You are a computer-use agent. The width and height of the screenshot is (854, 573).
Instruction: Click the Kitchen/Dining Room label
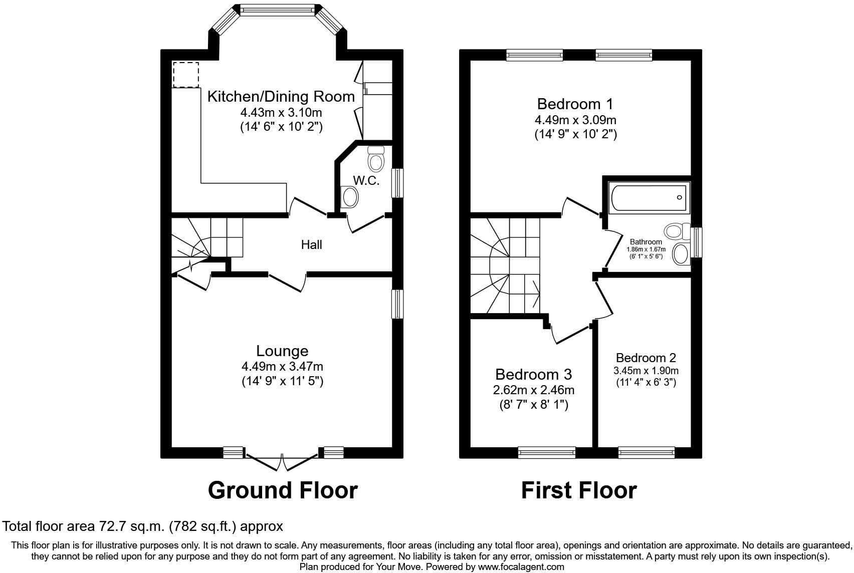click(281, 96)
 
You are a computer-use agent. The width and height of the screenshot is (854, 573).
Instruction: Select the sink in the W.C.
click(349, 197)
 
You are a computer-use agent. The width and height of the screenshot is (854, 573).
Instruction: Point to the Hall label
click(311, 244)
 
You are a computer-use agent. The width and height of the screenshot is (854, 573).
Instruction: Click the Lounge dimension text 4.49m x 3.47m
click(282, 367)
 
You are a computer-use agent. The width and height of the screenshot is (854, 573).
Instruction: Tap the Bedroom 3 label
click(533, 374)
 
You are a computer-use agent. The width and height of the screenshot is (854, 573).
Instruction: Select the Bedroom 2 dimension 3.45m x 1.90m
click(646, 371)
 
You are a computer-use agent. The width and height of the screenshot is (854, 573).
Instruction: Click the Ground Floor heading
click(282, 490)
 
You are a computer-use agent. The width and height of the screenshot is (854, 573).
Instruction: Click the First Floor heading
click(578, 490)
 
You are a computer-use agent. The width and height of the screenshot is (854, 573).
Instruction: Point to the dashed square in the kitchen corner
click(186, 74)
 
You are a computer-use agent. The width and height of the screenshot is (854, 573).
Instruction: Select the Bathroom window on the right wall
click(696, 242)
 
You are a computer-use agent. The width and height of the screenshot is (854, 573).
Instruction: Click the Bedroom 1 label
click(575, 104)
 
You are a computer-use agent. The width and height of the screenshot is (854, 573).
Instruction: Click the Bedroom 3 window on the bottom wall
click(546, 453)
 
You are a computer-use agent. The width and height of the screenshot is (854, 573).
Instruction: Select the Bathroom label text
click(646, 242)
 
